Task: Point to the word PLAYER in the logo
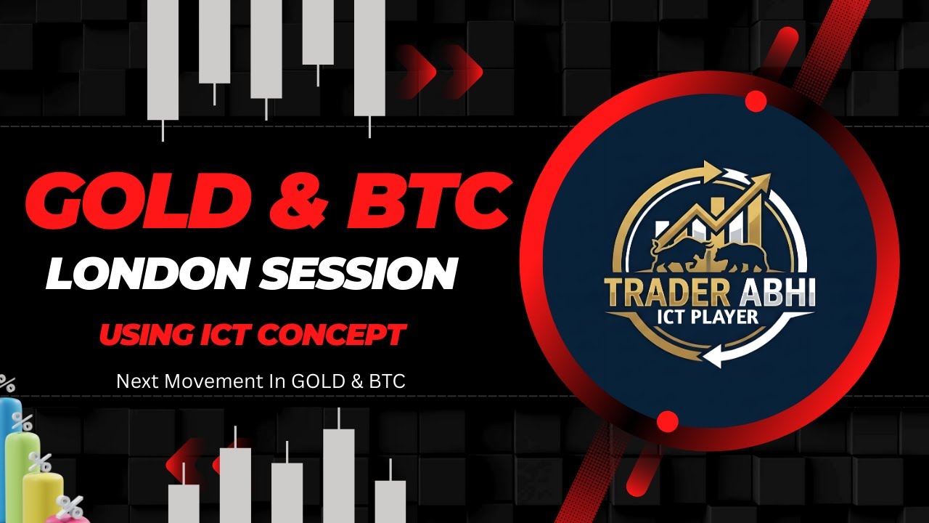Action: pos(726,317)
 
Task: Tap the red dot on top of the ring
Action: pos(756,102)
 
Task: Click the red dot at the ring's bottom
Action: pos(667,421)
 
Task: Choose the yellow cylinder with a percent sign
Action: pos(42,490)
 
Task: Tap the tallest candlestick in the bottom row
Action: pos(338,472)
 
